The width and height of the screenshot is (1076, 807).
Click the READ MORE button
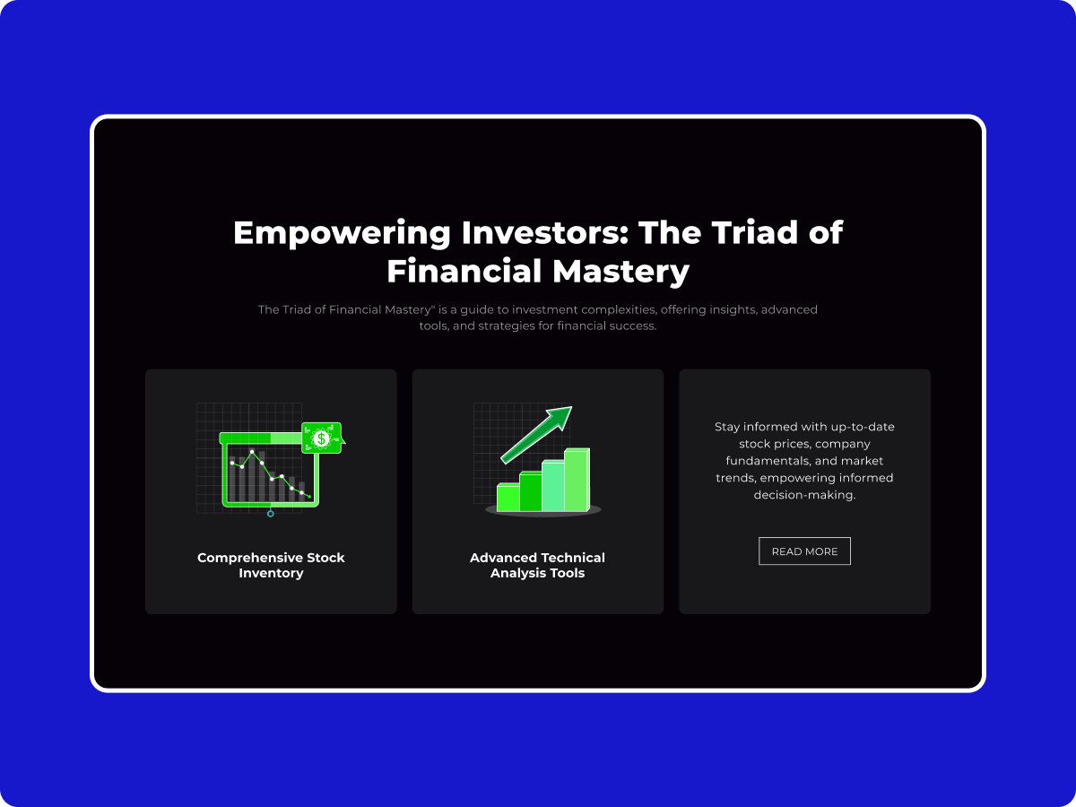coord(804,551)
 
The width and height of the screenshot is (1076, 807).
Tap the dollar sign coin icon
coord(321,438)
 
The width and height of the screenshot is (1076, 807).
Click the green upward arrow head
coord(560,418)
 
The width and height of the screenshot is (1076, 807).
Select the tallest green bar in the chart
coord(577,480)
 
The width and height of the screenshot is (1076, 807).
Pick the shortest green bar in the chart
coord(508,498)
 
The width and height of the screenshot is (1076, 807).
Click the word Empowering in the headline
coord(342,233)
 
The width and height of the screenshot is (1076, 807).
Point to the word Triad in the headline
coord(754,232)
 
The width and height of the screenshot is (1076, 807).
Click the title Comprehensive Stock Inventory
coord(271,565)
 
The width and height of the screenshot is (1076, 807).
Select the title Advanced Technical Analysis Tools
coord(537,565)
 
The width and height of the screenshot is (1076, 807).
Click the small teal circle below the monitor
coord(270,514)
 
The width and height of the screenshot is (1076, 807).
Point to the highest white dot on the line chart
coord(252,452)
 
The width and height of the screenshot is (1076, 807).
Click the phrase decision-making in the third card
coord(804,495)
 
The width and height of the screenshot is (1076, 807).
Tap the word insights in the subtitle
coord(732,310)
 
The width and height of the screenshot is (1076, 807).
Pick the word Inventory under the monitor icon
coord(271,573)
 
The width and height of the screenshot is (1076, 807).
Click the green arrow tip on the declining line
coord(310,498)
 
